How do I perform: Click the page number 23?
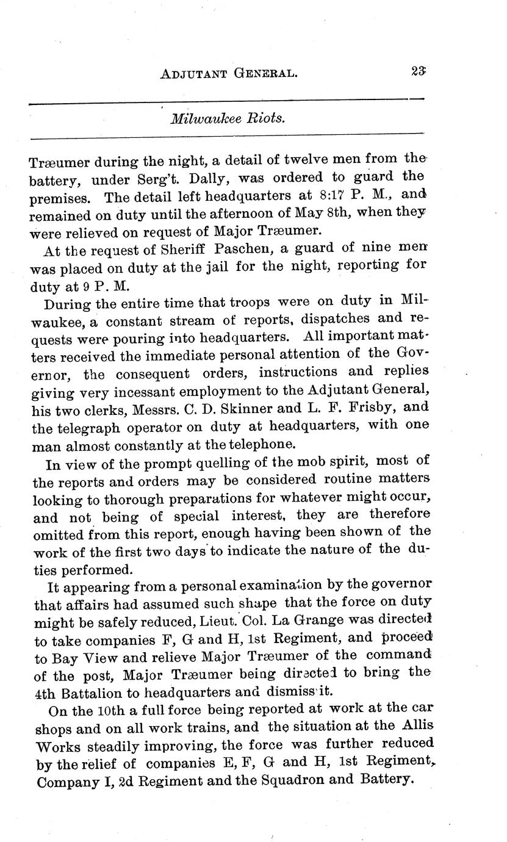tap(418, 71)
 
